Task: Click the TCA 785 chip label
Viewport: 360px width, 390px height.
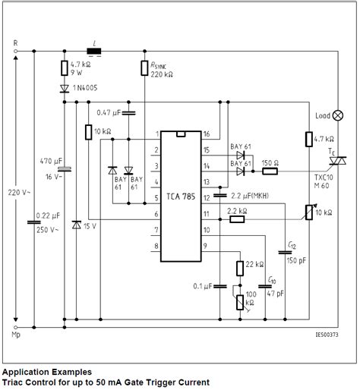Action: click(x=181, y=197)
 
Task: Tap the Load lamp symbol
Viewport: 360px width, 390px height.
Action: click(x=338, y=115)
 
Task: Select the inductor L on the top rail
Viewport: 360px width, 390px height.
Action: click(x=94, y=51)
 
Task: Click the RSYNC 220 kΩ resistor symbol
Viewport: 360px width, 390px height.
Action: click(x=144, y=68)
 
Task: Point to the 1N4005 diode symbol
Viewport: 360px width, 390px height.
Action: click(x=65, y=89)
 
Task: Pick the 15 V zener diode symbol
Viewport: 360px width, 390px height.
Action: click(x=77, y=225)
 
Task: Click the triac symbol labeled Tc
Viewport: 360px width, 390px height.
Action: click(x=338, y=161)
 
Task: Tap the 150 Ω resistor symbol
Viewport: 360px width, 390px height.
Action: click(x=270, y=171)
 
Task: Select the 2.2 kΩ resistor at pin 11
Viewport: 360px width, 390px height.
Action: click(x=237, y=219)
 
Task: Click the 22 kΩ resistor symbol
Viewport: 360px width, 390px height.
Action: click(x=240, y=269)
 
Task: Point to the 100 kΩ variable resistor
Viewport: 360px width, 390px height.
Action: click(x=240, y=302)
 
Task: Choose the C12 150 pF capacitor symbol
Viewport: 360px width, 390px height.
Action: click(x=285, y=252)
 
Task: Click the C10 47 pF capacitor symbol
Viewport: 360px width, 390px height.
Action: click(x=265, y=286)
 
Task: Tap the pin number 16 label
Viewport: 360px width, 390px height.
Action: click(x=207, y=134)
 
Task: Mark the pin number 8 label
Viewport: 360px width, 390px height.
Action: click(x=156, y=246)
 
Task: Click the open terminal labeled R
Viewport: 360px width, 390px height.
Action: click(x=16, y=51)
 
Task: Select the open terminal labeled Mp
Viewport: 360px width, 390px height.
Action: click(x=16, y=327)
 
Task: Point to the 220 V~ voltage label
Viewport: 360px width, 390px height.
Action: click(x=19, y=193)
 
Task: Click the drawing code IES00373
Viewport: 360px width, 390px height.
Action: click(x=327, y=335)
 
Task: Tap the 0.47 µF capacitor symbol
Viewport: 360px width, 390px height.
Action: click(x=128, y=113)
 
